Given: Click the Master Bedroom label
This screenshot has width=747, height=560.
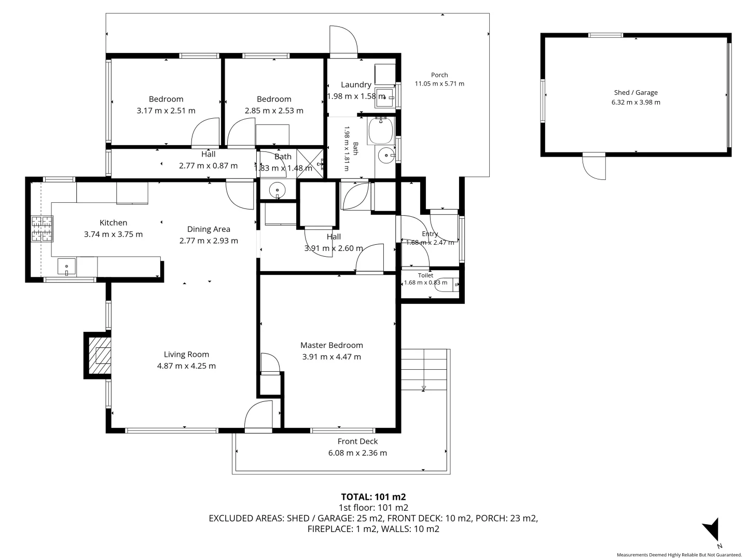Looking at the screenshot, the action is [x=331, y=345].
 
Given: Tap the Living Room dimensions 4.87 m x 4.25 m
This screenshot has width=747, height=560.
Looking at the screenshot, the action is [x=186, y=366].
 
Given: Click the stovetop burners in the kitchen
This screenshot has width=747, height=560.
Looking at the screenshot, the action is [x=42, y=229].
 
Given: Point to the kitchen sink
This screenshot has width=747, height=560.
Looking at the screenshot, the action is [x=66, y=266].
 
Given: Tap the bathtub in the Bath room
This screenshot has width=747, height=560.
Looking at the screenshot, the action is [x=381, y=131].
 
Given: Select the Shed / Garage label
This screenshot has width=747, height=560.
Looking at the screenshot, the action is [x=635, y=92].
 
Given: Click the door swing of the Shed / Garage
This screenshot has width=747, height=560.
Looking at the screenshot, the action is [x=593, y=167].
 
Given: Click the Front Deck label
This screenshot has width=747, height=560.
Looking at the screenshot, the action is [x=357, y=441].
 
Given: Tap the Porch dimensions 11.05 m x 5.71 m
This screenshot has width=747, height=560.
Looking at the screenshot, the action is [x=439, y=83].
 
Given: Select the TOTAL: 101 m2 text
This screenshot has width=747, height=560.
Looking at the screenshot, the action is [x=374, y=497].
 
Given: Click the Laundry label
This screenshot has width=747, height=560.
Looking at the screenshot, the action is [x=356, y=85].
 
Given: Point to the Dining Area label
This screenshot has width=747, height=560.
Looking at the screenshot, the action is [x=209, y=229].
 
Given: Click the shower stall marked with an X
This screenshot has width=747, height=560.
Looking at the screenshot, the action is [x=310, y=163].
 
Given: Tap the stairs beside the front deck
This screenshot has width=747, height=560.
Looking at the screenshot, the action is [x=424, y=370].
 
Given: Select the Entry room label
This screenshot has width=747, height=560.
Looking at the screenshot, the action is [x=430, y=233].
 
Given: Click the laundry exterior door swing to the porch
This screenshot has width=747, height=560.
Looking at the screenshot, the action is [x=343, y=39].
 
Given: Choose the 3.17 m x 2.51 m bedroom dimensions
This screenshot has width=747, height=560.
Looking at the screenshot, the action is [x=166, y=110].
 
